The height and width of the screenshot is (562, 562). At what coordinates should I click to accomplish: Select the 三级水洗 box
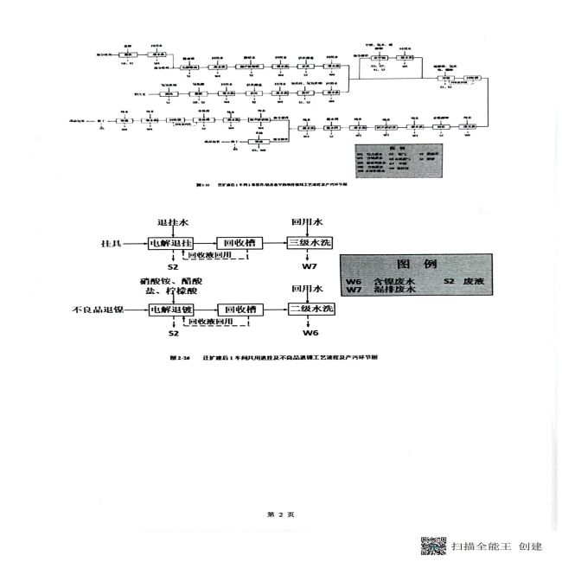coord(310,243)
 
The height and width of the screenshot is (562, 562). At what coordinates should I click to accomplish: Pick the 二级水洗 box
coord(310,309)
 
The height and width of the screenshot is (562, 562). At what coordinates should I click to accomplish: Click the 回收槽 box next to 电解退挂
coord(238,243)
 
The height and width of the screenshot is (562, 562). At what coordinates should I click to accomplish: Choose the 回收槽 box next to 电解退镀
coord(238,309)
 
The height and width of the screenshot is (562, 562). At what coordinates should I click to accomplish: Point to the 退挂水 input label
coord(172,221)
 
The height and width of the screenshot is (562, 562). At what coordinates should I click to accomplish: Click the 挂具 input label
coord(112,244)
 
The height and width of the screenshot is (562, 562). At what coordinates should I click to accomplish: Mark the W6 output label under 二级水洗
coord(310,332)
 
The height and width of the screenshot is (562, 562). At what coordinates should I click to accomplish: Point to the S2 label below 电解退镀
coord(173,332)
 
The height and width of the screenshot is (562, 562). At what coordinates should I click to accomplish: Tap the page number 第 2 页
coord(281,514)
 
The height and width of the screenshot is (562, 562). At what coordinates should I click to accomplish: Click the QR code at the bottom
coord(433,546)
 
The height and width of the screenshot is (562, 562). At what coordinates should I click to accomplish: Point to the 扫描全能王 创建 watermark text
coord(495,546)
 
